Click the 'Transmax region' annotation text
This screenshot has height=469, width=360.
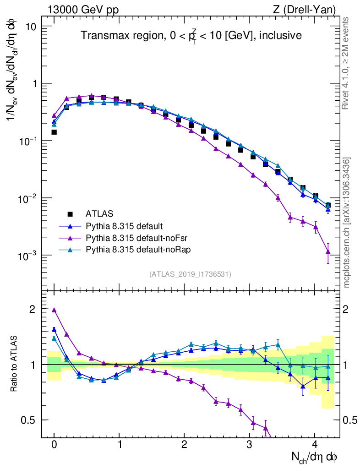coord(191,35)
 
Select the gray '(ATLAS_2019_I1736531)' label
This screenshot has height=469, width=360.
coord(190,274)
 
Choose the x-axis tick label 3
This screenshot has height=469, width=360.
coord(250,445)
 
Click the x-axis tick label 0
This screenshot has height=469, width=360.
coord(54,445)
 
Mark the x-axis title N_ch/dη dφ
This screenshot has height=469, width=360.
coord(315,457)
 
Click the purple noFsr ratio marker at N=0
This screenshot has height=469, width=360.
coord(54,310)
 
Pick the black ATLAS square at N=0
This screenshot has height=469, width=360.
coord(54,132)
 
